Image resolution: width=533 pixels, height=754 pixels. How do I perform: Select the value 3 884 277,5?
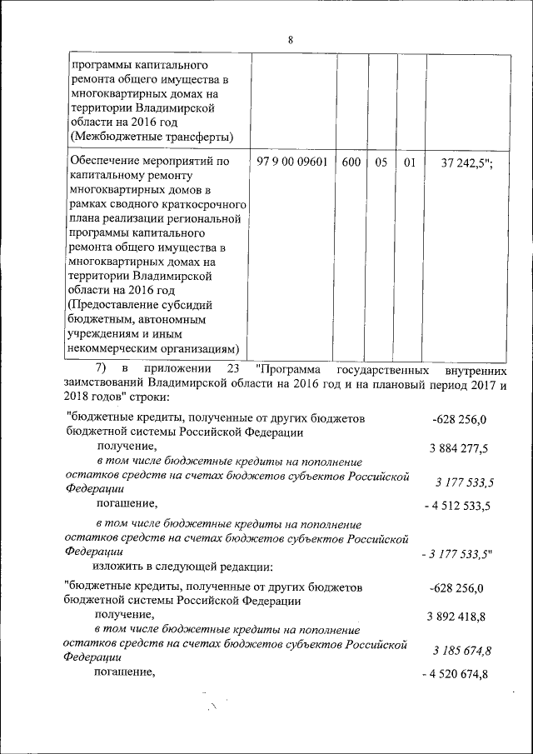459,449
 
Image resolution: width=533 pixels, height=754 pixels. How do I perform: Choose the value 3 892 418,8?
459,617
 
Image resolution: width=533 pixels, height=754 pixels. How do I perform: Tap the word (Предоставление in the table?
113,304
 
